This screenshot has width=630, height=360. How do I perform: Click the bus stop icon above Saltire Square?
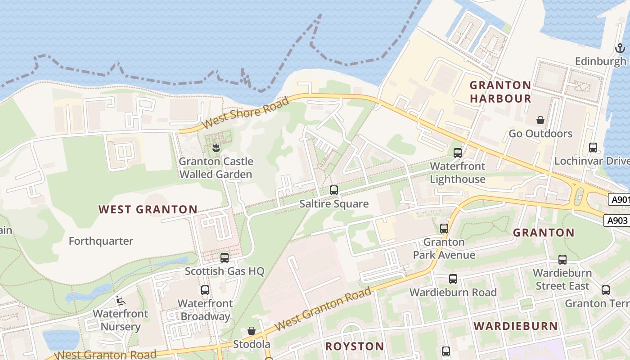point(333,190)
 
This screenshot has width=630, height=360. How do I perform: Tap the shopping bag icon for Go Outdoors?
point(540,120)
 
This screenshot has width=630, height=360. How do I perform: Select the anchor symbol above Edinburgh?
point(620,48)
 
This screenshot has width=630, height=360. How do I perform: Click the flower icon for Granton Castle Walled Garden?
point(216,148)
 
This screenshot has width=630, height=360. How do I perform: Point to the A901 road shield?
point(619,199)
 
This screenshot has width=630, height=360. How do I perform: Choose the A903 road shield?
point(616,220)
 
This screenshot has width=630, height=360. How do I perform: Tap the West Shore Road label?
point(245,113)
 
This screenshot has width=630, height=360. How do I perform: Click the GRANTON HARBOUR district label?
point(500,92)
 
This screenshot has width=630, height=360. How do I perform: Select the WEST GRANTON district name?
point(148,209)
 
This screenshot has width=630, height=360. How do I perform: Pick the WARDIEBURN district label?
point(516,326)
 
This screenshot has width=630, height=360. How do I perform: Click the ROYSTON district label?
point(355,346)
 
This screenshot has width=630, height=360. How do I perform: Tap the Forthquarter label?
point(101,241)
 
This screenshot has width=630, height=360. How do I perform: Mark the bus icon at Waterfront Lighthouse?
point(458,153)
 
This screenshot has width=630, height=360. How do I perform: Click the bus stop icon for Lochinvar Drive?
point(593,147)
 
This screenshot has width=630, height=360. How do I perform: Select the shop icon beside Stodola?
point(252,331)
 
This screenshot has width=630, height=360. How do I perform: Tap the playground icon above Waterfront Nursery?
point(120,300)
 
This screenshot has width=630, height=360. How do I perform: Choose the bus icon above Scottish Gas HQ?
point(225,258)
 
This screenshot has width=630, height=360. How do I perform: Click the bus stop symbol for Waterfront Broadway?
point(205,290)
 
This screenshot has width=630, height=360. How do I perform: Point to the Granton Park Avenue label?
point(444,248)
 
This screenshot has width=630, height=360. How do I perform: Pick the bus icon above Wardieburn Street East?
point(562,259)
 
